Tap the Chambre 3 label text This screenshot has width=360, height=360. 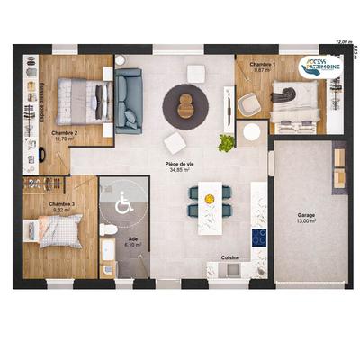point(61,204)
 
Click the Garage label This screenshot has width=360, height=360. point(307,216)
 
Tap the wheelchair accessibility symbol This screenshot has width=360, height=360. point(124,205)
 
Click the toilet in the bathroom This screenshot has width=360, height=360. point(110,230)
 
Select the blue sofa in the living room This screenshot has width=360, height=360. point(127,100)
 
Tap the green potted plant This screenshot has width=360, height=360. point(227,142)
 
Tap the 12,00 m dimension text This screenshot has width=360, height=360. point(342,41)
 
